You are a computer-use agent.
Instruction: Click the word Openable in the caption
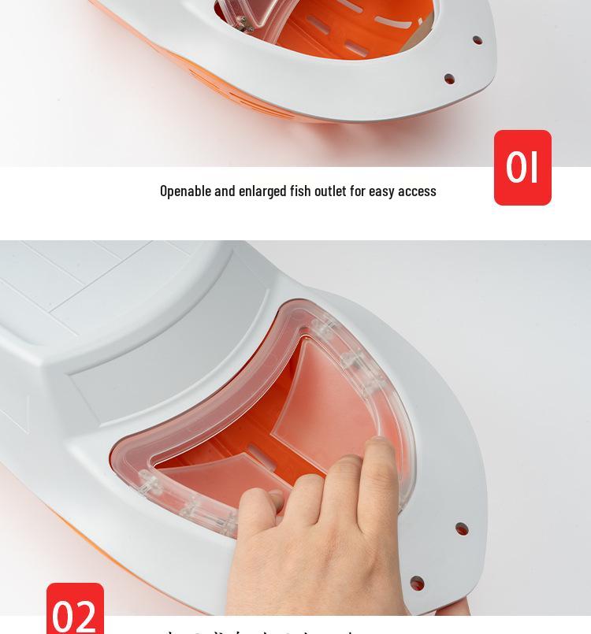(x=185, y=191)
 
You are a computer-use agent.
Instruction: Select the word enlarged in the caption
(x=262, y=191)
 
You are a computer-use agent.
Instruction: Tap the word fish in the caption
(x=300, y=191)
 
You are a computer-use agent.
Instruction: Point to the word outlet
(x=331, y=191)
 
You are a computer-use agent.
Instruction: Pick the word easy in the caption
(x=381, y=191)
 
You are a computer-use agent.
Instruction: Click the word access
(x=418, y=191)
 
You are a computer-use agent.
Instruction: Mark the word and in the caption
(x=225, y=191)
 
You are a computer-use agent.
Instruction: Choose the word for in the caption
(x=358, y=191)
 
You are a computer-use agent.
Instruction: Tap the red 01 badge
(x=522, y=168)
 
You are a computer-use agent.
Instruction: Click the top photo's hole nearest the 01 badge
(x=449, y=79)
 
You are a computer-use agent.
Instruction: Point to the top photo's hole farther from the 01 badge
(x=478, y=39)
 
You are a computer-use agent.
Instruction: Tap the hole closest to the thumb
(x=417, y=584)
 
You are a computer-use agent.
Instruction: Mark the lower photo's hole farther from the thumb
(x=462, y=528)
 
